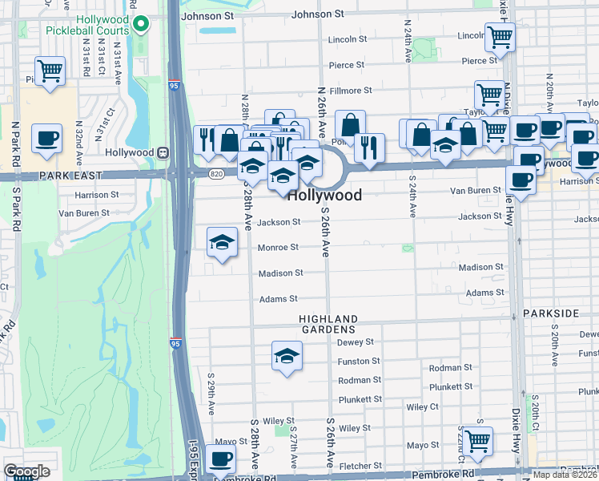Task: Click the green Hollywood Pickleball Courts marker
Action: [142, 25]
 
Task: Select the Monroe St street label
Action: [278, 248]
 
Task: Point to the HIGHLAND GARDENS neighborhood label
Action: [328, 324]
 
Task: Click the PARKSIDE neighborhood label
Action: [550, 312]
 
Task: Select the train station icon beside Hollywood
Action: [163, 152]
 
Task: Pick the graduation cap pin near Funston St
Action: [287, 356]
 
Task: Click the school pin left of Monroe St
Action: [222, 243]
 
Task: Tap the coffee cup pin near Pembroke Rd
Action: [220, 459]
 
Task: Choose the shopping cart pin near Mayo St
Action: [477, 440]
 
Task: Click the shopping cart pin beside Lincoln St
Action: [500, 36]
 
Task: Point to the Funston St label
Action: [357, 362]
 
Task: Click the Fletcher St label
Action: [360, 466]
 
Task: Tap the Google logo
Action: [26, 471]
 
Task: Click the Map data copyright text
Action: [565, 475]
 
